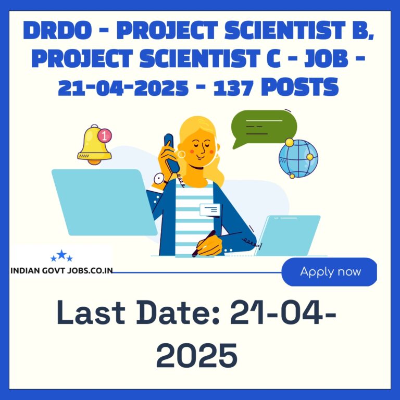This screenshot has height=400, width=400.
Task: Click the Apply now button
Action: coord(329,272)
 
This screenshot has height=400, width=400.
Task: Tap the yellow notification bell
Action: coord(94,145)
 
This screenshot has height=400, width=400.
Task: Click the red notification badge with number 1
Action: coord(105,135)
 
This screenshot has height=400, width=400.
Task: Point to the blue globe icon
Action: coord(298,158)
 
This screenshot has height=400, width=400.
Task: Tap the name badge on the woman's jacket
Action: coord(210,210)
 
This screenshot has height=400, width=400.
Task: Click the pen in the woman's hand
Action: coord(204,243)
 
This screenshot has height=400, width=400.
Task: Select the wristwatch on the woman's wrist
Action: coord(160,179)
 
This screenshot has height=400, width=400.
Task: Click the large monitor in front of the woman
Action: coord(104,202)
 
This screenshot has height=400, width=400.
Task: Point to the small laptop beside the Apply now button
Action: coord(288,235)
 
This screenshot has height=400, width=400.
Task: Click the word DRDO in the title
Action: coord(57,30)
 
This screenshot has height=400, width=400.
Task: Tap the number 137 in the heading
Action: coord(233,87)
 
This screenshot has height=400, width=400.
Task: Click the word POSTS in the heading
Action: coord(300,87)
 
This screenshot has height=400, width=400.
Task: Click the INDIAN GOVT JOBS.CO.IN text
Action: coord(61,271)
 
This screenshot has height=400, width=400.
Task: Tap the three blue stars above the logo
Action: coord(61,256)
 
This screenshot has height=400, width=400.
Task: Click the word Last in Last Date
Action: coord(91,312)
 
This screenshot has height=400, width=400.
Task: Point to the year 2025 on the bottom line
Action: coord(197,355)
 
